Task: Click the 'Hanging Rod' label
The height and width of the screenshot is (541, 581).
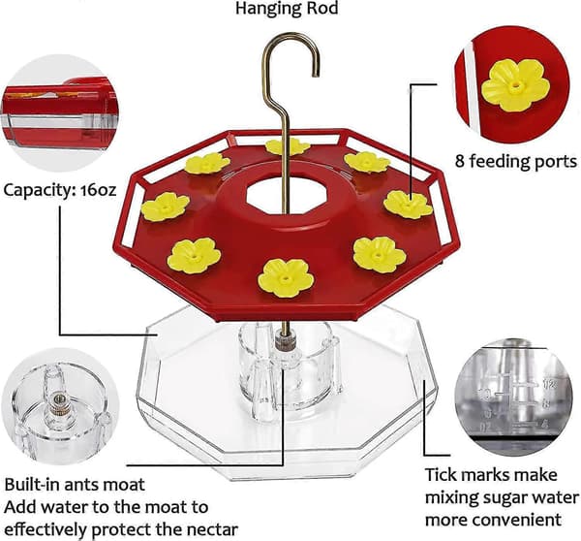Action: pyautogui.click(x=287, y=8)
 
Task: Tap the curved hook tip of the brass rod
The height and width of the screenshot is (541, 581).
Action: pyautogui.click(x=316, y=74)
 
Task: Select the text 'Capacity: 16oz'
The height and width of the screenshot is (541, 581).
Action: pyautogui.click(x=60, y=190)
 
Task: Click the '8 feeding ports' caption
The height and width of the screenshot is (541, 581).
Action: pyautogui.click(x=516, y=161)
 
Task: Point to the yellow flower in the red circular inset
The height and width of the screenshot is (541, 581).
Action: pyautogui.click(x=515, y=85)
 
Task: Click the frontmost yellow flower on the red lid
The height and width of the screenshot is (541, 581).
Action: pyautogui.click(x=286, y=278)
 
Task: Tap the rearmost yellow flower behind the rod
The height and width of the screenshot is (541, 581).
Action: pyautogui.click(x=288, y=147)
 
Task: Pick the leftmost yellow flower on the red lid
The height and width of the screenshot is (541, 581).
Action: pyautogui.click(x=166, y=207)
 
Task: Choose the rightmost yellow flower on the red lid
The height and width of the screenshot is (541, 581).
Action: pyautogui.click(x=408, y=204)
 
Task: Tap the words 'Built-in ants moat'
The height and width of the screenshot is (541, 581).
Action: pyautogui.click(x=75, y=485)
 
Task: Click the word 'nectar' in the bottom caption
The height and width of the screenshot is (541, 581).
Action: pyautogui.click(x=212, y=529)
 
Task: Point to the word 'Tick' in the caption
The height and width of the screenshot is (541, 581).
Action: pyautogui.click(x=442, y=475)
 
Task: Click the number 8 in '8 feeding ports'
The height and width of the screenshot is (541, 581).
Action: pyautogui.click(x=459, y=161)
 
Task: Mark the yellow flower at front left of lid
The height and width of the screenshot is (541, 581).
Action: pyautogui.click(x=194, y=256)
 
